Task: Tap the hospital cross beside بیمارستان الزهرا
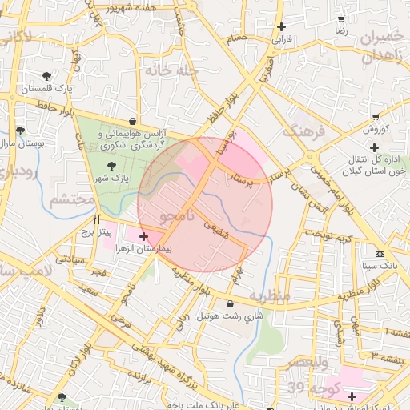click(x=143, y=236)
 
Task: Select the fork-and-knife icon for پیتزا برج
click(x=96, y=219)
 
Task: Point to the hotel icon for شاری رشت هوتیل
click(x=231, y=304)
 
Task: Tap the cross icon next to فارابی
click(x=281, y=26)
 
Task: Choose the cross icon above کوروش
click(x=374, y=116)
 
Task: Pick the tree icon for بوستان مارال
click(x=19, y=131)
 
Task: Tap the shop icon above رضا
click(x=341, y=18)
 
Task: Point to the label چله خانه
click(x=171, y=70)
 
